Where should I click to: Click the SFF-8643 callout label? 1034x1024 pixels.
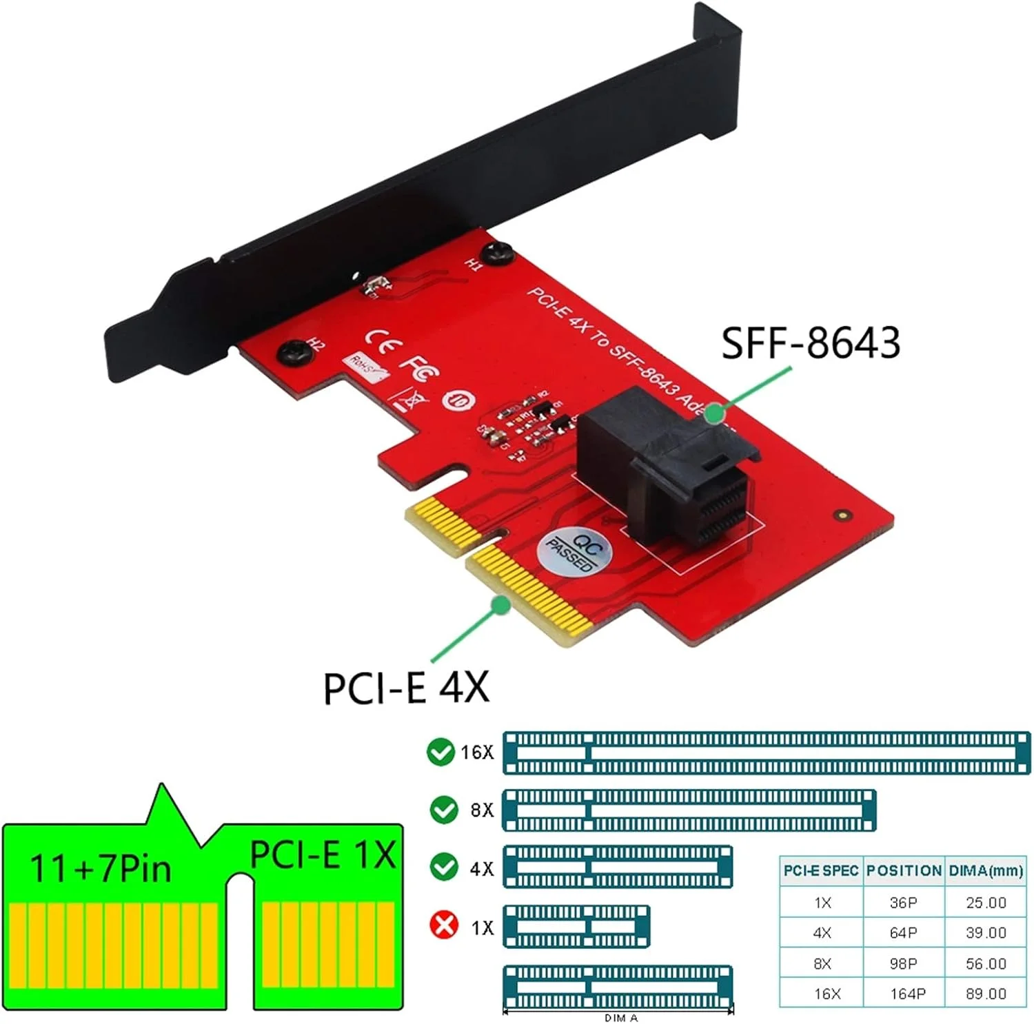point(810,342)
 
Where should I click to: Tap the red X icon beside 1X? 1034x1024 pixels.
point(443,925)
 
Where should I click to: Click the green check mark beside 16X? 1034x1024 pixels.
point(440,752)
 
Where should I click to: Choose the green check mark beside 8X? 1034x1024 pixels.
point(443,810)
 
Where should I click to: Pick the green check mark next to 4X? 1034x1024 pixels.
point(443,867)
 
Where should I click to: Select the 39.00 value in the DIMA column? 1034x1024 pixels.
point(986,932)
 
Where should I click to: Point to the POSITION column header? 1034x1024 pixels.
point(904,871)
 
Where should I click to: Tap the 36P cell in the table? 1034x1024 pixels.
point(903,903)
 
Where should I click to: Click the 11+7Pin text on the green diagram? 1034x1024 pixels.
point(100,868)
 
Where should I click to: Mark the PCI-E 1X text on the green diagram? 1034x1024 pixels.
point(323,854)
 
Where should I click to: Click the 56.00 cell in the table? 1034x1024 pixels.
point(986,963)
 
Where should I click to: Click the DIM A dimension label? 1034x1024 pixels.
point(621,1018)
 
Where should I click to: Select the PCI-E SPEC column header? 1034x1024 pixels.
point(820,871)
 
